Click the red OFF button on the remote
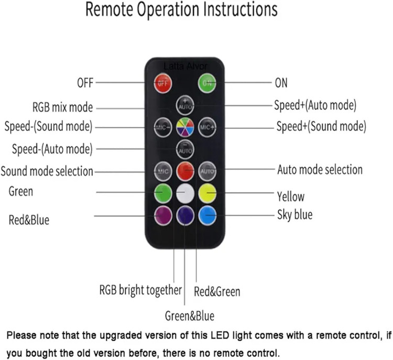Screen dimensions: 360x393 pos(163,83)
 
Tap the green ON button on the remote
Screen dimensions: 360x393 pos(208,83)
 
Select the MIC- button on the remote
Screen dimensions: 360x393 pos(163,126)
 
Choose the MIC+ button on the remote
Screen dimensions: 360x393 pos(208,126)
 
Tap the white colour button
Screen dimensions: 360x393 pos(185,193)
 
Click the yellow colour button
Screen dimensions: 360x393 pos(208,193)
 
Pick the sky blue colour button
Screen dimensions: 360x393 pos(208,214)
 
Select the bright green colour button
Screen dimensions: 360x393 pos(163,193)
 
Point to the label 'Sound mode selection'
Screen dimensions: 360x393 pos(47,171)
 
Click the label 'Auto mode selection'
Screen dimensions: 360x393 pos(320,169)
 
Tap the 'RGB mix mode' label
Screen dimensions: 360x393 pos(62,107)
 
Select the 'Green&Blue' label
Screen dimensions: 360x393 pos(189,316)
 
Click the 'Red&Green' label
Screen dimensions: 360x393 pos(217,290)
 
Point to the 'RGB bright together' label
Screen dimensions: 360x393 pos(140,290)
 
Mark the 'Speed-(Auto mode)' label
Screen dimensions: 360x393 pos(52,149)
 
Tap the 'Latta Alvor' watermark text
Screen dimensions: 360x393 pos(185,66)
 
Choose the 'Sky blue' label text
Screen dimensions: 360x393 pos(294,214)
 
